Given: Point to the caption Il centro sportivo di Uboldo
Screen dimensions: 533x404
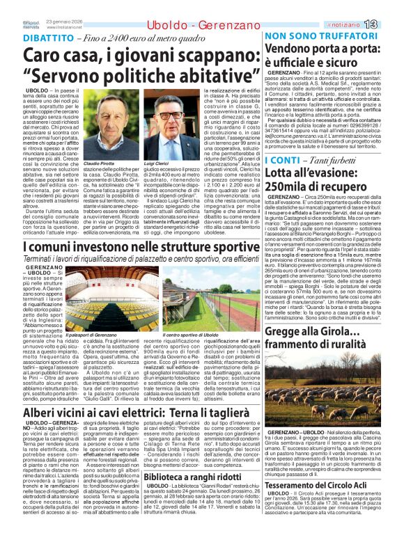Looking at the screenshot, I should click(190, 335).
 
